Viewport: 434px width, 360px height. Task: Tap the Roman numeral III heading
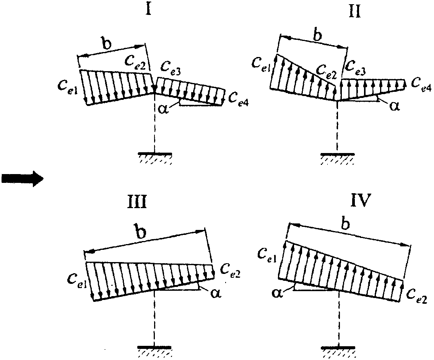[x=138, y=202]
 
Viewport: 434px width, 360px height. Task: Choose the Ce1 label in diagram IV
[x=266, y=252]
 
